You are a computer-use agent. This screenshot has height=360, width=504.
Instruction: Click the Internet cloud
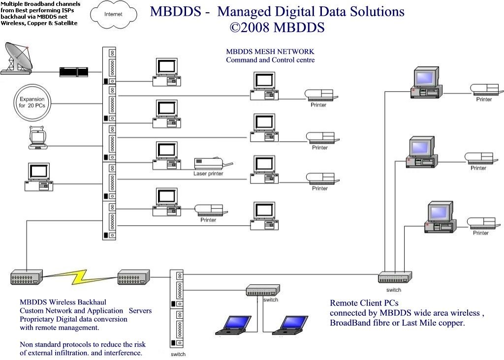point(114,14)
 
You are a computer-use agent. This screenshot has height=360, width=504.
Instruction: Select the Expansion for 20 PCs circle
point(32,102)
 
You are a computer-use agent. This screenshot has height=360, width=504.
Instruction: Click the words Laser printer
point(208,174)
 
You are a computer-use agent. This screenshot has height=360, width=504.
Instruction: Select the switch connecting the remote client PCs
point(395,277)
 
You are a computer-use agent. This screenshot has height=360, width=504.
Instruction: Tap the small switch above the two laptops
point(263,290)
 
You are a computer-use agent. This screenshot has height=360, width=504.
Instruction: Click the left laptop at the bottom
point(233,325)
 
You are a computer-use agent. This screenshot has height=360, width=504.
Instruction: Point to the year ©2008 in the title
point(250,28)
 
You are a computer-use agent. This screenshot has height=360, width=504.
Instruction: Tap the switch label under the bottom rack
point(178,354)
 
